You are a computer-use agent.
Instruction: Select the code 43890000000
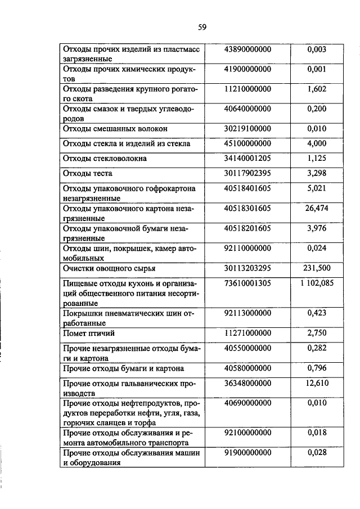pos(247,50)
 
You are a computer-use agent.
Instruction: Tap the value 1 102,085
pos(317,283)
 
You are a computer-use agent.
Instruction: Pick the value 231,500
pos(317,268)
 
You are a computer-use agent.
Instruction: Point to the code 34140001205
pos(247,158)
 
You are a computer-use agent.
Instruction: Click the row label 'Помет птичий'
pos(87,334)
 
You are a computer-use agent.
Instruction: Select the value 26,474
pos(317,208)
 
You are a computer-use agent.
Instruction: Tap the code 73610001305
pos(247,283)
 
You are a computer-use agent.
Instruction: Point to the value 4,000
pos(317,143)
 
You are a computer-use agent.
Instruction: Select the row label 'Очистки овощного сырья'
pos(109,269)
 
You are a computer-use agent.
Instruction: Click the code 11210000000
pos(247,89)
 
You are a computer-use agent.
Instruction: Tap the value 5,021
pos(317,188)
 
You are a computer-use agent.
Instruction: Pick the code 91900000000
pos(247,453)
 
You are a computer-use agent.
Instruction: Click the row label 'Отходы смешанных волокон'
pos(115,129)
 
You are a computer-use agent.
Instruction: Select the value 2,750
pos(317,334)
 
